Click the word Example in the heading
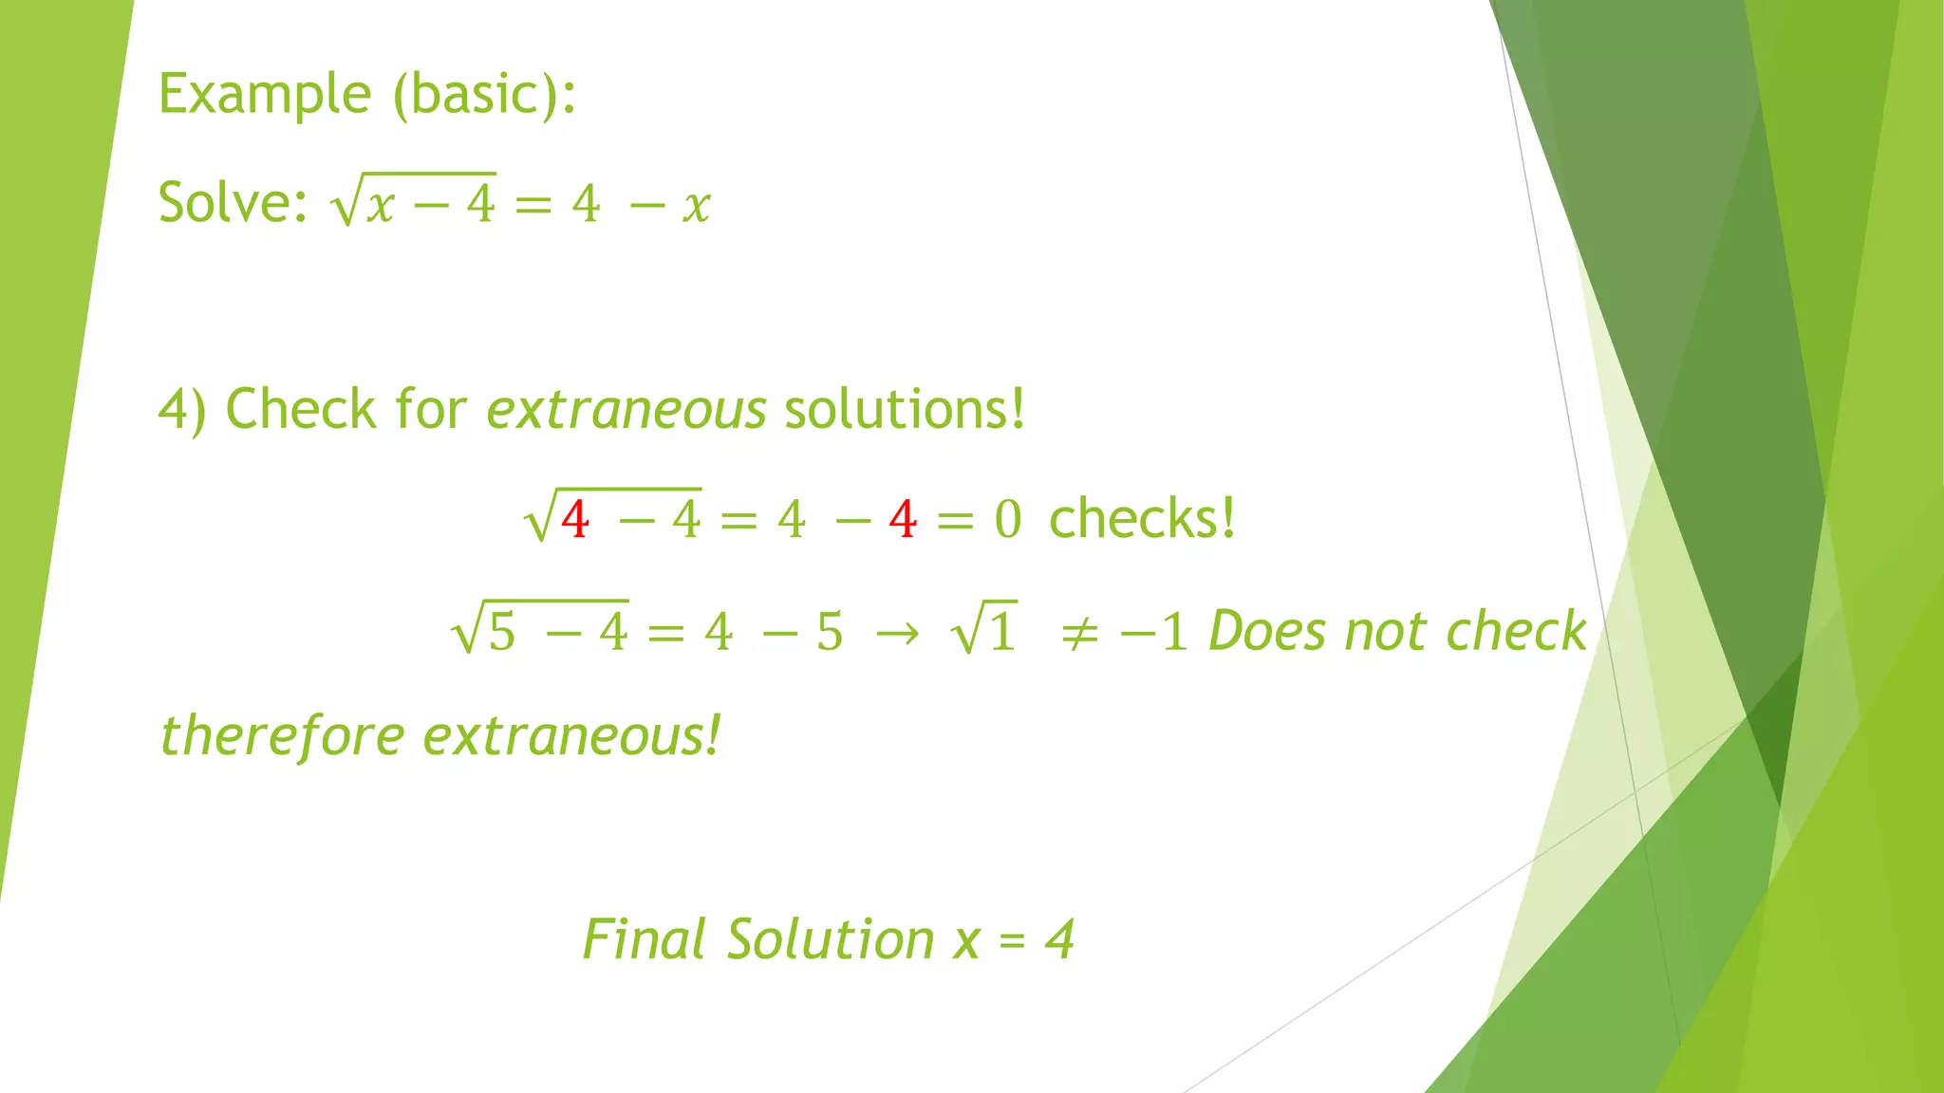[264, 95]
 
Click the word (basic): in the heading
[484, 95]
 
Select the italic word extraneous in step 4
[626, 410]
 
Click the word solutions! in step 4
[905, 410]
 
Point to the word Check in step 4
[300, 410]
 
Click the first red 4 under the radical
[575, 520]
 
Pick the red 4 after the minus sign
[903, 520]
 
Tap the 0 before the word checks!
[1008, 520]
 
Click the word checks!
[1142, 519]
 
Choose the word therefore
[282, 736]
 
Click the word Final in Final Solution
[643, 940]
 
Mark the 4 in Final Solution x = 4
[1059, 940]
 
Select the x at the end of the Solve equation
[697, 205]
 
